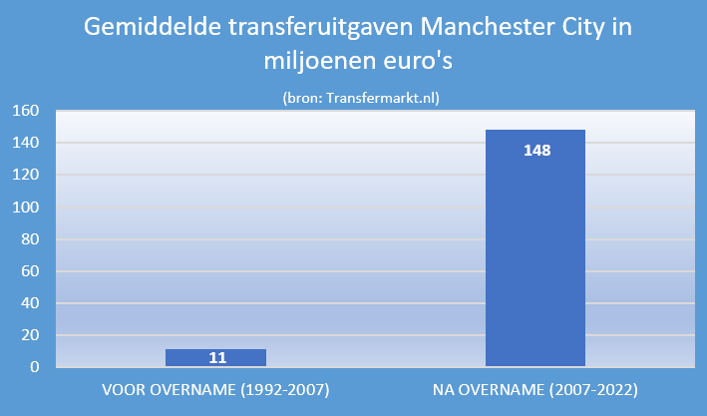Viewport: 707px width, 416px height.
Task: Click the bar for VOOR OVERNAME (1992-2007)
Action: click(216, 357)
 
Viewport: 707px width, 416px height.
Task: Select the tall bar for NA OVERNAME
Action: click(535, 248)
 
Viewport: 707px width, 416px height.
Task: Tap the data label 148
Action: click(537, 151)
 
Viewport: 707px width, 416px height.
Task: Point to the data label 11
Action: click(217, 358)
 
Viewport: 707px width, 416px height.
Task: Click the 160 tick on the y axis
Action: click(25, 111)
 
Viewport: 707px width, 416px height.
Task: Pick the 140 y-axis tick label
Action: click(25, 143)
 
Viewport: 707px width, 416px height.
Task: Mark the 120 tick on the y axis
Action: click(25, 175)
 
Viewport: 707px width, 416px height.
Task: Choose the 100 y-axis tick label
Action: click(25, 208)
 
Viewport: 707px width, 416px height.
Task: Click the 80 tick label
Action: click(30, 239)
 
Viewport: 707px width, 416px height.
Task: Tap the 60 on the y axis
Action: click(30, 271)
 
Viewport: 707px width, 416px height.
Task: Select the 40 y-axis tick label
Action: click(30, 303)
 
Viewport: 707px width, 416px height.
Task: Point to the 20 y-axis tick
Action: click(30, 335)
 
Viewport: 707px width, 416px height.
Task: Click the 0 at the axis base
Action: click(35, 367)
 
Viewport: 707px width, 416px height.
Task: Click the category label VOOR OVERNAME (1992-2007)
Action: click(215, 390)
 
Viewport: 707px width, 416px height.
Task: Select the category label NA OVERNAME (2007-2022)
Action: click(535, 390)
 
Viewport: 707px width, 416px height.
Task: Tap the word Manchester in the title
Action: click(487, 27)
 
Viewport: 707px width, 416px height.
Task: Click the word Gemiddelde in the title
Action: click(153, 28)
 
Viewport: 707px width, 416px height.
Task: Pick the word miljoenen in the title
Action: click(320, 61)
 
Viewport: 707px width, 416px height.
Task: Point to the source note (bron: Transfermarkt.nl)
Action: click(361, 98)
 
